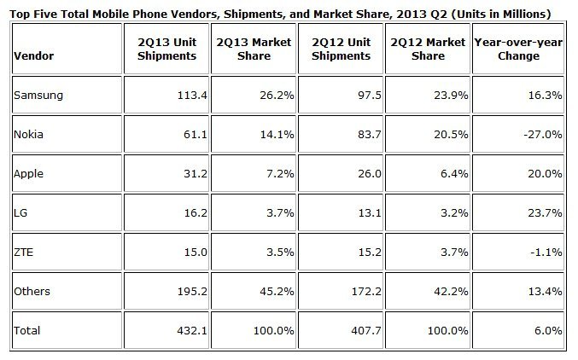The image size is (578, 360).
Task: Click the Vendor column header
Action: click(33, 56)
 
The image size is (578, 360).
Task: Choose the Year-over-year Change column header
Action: click(517, 49)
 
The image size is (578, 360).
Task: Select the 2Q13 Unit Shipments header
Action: click(166, 49)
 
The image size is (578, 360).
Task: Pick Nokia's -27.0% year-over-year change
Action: click(543, 134)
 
